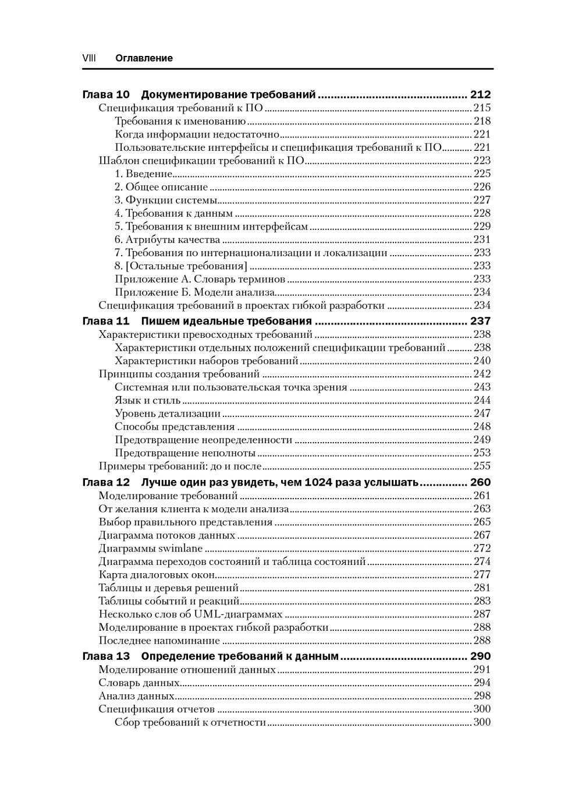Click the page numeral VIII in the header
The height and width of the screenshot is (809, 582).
89,58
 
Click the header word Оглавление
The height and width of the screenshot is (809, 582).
144,58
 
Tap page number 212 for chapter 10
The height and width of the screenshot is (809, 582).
480,94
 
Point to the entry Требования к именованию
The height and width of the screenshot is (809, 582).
180,121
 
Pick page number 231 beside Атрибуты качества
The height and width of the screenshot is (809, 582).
482,239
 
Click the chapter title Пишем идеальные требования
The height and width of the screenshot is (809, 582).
226,321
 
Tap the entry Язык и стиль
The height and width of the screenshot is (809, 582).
147,400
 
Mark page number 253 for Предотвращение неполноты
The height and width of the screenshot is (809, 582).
482,453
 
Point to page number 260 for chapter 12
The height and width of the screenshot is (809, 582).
480,482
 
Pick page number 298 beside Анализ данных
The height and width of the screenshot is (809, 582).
482,696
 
